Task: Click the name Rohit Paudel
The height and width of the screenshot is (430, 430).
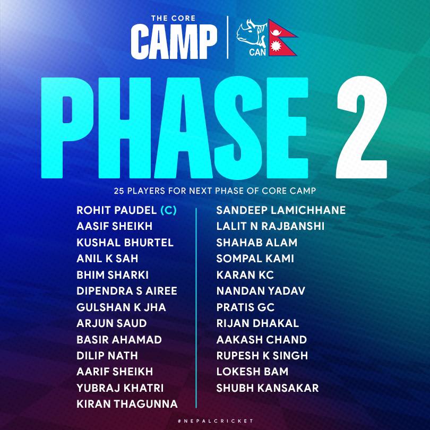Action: (117, 210)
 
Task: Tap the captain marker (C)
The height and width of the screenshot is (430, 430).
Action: (168, 210)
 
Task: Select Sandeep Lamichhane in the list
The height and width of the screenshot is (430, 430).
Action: (281, 210)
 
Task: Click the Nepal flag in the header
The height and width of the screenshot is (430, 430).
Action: (282, 38)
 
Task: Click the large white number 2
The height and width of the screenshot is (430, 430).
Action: (362, 127)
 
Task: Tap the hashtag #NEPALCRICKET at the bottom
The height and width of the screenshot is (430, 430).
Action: (216, 421)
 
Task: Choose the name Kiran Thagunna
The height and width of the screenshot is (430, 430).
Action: (127, 404)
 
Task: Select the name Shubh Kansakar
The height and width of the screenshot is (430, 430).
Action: (268, 388)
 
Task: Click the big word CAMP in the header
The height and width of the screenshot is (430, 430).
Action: (174, 41)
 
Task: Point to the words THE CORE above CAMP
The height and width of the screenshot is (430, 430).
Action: (173, 19)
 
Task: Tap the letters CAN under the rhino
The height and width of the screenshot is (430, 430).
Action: (257, 52)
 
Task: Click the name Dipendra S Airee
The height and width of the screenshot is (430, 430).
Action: (127, 291)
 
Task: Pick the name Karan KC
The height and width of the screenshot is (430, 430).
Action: (245, 275)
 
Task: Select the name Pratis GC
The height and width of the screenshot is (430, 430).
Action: (245, 307)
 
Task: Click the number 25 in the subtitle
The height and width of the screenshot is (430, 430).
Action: (119, 191)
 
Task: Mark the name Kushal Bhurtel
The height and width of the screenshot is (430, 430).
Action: (125, 243)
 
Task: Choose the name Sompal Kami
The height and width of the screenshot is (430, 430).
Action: (255, 259)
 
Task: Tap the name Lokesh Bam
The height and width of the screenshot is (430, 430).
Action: (252, 372)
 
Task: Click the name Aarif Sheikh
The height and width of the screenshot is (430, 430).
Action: (115, 372)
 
